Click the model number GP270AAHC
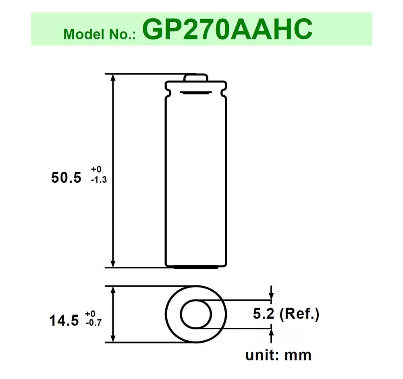pos(227,29)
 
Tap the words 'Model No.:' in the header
pos(101,34)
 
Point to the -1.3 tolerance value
pos(99,180)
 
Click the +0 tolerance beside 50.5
pos(96,170)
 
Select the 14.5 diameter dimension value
pos(64,321)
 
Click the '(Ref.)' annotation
pos(299,314)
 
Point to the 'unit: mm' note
pos(278,355)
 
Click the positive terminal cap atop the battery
pos(196,78)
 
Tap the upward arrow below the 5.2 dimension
pos(271,334)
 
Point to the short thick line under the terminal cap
pos(196,93)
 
